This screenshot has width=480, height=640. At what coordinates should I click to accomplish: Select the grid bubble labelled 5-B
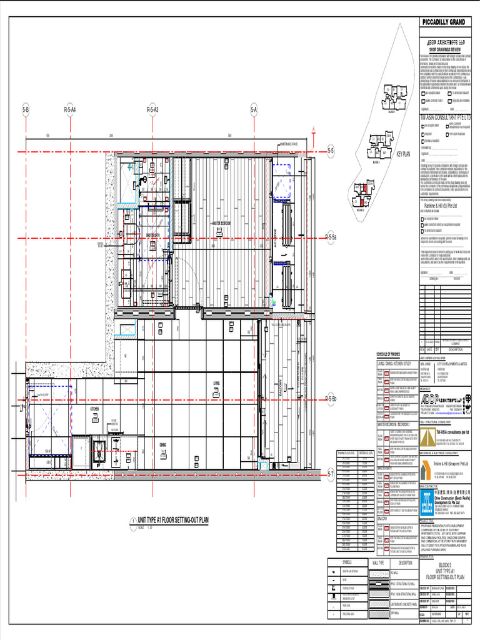(x=26, y=110)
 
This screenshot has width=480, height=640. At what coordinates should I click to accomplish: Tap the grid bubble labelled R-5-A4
(x=69, y=110)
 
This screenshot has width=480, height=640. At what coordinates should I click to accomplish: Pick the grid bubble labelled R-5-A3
(x=152, y=110)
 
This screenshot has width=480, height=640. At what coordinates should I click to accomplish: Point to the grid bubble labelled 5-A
(x=254, y=110)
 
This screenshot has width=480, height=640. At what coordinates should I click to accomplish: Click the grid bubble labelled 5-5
(x=331, y=151)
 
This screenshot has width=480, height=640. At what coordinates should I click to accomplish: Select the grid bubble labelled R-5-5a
(x=331, y=237)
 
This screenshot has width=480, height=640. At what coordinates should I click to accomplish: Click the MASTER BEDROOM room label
(x=221, y=222)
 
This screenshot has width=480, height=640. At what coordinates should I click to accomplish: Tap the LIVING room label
(x=216, y=384)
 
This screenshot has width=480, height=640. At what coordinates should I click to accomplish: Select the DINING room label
(x=162, y=445)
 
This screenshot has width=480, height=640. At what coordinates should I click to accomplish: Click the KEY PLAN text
(x=403, y=154)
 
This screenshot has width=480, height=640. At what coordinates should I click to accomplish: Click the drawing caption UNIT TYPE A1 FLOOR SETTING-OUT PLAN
(x=172, y=519)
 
